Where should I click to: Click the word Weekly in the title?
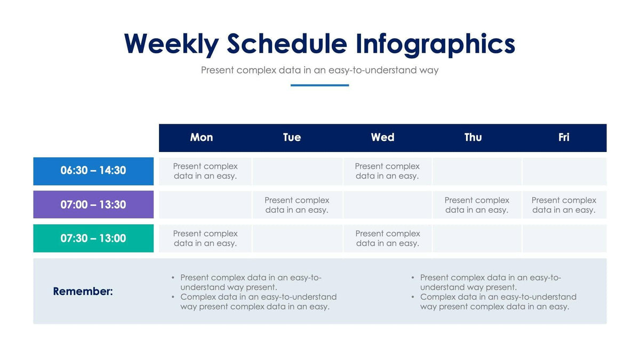point(171,44)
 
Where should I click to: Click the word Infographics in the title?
point(435,44)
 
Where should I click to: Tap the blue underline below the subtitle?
point(319,85)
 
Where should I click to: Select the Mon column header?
point(202,138)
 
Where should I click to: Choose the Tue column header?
point(292,138)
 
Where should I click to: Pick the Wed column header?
point(382,138)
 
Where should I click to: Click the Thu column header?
point(473,138)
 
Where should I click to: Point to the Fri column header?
point(564,138)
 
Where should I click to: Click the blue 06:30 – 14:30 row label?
point(93,171)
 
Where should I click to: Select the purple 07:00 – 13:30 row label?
point(93,205)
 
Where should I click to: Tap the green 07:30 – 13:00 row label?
point(93,238)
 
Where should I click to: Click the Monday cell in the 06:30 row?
point(205,171)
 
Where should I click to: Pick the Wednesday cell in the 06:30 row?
point(387,171)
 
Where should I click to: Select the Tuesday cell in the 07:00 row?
point(297,205)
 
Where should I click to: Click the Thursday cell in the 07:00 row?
point(477,205)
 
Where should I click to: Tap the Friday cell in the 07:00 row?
point(564,205)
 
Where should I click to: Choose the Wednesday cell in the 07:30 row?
point(387,238)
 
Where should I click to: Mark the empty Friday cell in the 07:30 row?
point(564,238)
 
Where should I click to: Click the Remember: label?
point(83,292)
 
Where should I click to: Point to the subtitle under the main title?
point(319,70)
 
